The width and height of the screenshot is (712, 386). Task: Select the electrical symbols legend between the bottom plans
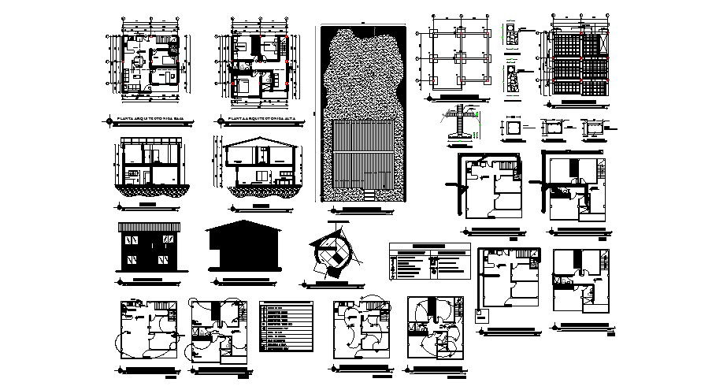point(286,326)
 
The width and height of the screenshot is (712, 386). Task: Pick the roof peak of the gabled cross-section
point(258,139)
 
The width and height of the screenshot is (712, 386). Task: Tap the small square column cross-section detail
point(513,126)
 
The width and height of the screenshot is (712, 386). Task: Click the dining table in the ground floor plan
point(139,61)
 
